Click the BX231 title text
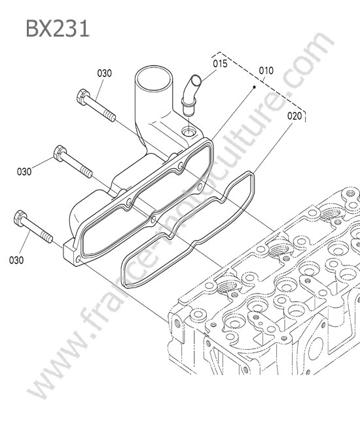[x=57, y=29]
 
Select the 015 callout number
[x=220, y=64]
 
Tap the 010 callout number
[x=266, y=71]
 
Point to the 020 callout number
[x=295, y=116]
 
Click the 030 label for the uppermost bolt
[x=105, y=73]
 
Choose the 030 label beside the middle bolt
[x=24, y=171]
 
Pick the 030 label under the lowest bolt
[x=16, y=260]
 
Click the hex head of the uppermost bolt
[x=82, y=97]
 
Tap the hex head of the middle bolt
[x=60, y=153]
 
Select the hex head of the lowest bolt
[x=20, y=218]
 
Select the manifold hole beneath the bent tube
[x=189, y=132]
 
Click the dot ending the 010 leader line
[x=254, y=87]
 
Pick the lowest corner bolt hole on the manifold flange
[x=78, y=260]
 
